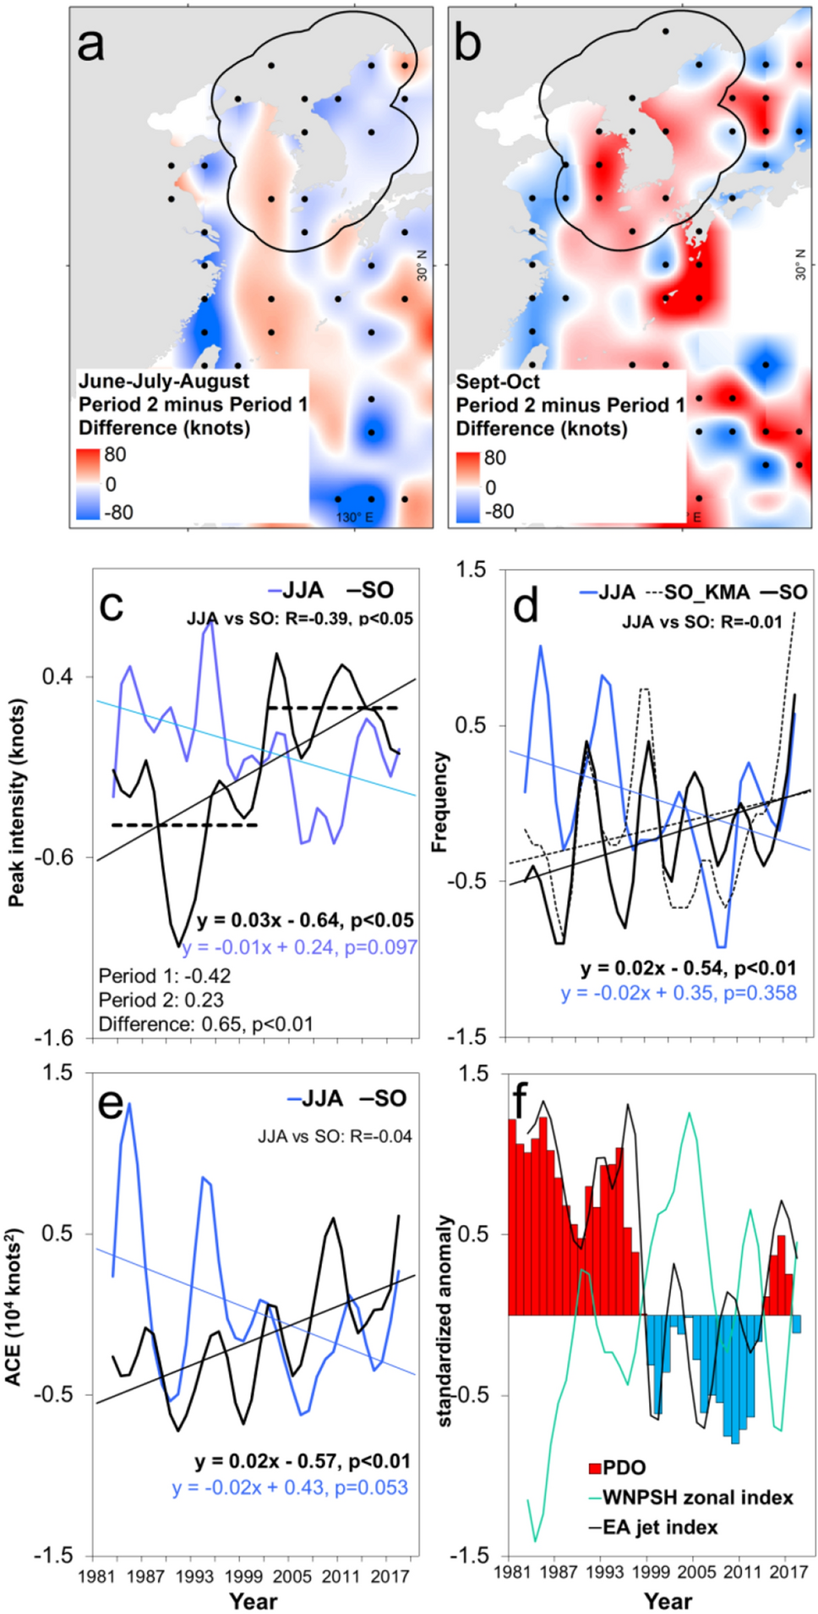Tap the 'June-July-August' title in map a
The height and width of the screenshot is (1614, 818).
(x=164, y=381)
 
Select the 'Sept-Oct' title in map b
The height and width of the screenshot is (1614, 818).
(x=498, y=381)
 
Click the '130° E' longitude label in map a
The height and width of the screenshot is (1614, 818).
(x=354, y=517)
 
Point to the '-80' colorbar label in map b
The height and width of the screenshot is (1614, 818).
(x=499, y=512)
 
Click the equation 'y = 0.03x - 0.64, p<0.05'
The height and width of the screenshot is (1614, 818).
(x=305, y=920)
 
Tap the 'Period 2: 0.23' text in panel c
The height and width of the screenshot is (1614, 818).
(x=161, y=999)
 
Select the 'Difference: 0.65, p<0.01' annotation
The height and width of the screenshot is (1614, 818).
(x=205, y=1024)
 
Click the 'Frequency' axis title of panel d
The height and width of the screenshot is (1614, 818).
(x=439, y=802)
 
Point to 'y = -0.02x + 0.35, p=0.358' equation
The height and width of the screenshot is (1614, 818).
(x=679, y=993)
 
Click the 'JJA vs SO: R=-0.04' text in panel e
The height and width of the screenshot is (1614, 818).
(x=335, y=1136)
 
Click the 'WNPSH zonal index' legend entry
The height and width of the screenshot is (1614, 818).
(x=697, y=1497)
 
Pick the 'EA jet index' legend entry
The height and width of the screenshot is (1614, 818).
(x=659, y=1527)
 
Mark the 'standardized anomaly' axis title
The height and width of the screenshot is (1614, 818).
(x=445, y=1321)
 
